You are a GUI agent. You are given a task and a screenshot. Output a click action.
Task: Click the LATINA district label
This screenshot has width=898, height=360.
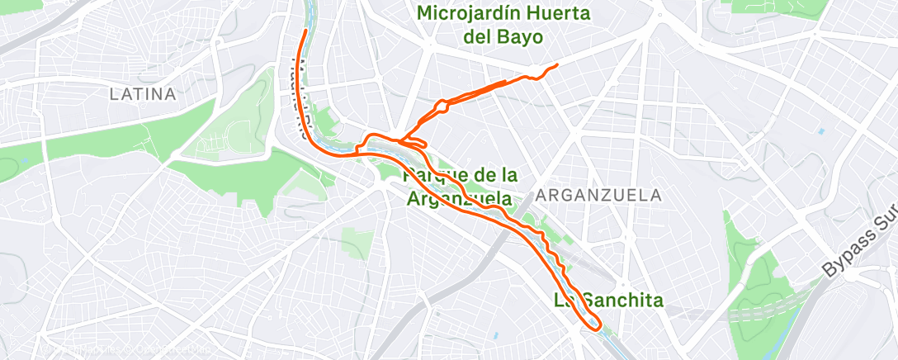click(143, 94)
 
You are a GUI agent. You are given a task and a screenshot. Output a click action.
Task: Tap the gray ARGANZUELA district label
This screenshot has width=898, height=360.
click(598, 196)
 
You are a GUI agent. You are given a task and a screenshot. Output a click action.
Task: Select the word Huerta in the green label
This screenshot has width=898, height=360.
click(560, 14)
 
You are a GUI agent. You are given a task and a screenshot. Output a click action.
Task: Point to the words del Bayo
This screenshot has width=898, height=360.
click(503, 37)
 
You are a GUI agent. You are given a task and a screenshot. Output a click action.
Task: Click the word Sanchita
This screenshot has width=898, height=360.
click(620, 301)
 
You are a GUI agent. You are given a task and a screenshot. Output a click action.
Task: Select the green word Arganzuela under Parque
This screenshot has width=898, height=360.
click(459, 199)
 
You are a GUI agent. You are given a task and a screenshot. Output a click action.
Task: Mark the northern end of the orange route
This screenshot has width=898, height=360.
click(306, 31)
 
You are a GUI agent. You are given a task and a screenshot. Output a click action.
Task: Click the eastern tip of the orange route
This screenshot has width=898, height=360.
click(557, 64)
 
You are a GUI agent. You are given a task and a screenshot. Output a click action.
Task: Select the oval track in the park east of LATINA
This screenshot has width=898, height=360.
click(239, 130)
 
